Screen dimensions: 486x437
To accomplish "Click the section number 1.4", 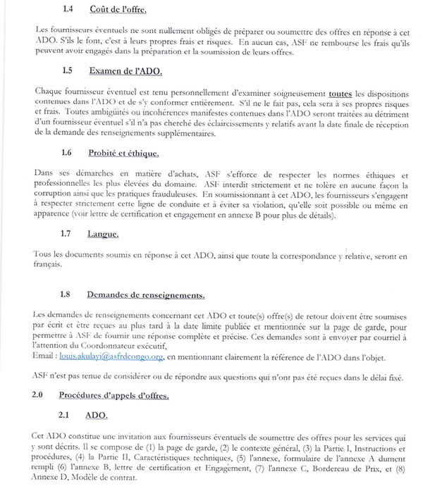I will [69, 9].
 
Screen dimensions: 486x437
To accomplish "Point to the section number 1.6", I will [68, 154].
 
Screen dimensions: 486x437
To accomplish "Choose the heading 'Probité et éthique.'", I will [132, 154].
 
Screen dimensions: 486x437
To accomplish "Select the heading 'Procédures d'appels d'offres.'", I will [113, 396].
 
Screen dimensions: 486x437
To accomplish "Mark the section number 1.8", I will [68, 295].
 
